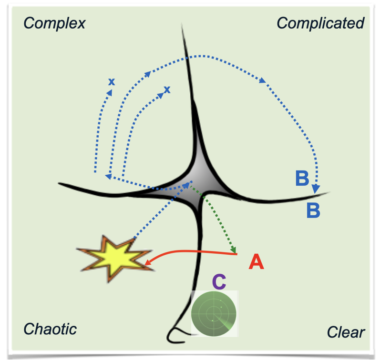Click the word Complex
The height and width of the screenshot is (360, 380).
tap(54, 23)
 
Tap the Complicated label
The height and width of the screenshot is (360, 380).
tap(320, 23)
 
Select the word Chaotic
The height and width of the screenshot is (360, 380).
tap(50, 329)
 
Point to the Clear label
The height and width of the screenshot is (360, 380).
tap(346, 332)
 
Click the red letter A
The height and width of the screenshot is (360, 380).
tap(256, 262)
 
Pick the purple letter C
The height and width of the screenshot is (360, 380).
tap(219, 282)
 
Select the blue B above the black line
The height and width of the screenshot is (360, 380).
tap(302, 178)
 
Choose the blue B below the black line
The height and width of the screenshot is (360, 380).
tap(313, 210)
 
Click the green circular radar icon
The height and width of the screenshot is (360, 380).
tap(214, 314)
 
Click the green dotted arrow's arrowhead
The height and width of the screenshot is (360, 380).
tap(233, 250)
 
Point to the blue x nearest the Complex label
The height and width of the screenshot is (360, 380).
tap(112, 82)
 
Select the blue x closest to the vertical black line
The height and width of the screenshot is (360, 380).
tap(167, 90)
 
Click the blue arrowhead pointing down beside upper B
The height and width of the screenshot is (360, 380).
tap(316, 189)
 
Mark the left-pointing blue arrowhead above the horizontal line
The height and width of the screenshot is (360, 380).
tap(108, 177)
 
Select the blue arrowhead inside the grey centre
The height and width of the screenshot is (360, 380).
tap(186, 185)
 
